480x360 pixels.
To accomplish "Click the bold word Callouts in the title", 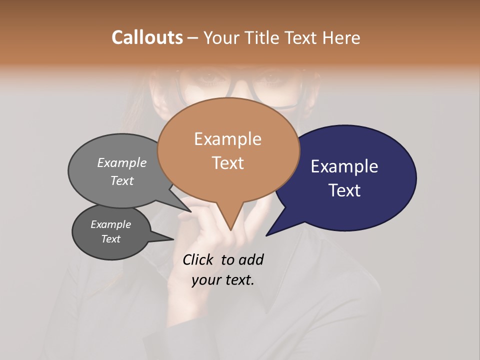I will (147, 37).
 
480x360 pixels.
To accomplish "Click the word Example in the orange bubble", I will (227, 139).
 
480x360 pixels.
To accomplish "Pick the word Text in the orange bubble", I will (227, 163).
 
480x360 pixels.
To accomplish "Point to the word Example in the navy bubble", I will (344, 166).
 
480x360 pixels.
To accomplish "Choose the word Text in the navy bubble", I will (344, 190).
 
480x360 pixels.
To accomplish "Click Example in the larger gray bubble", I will (122, 162).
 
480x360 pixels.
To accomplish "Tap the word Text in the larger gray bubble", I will (122, 180).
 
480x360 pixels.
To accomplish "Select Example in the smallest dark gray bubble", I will (111, 224).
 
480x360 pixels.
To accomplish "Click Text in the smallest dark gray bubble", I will (111, 239).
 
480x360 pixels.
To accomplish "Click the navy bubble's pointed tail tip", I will (266, 235).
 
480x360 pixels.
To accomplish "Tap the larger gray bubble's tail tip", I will (191, 211).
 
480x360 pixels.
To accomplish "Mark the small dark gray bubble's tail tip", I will (173, 239).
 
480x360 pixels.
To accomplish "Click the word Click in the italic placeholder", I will (198, 259).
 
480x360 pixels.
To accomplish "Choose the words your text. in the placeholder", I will (223, 280).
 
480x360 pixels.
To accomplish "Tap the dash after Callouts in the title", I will (193, 38).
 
